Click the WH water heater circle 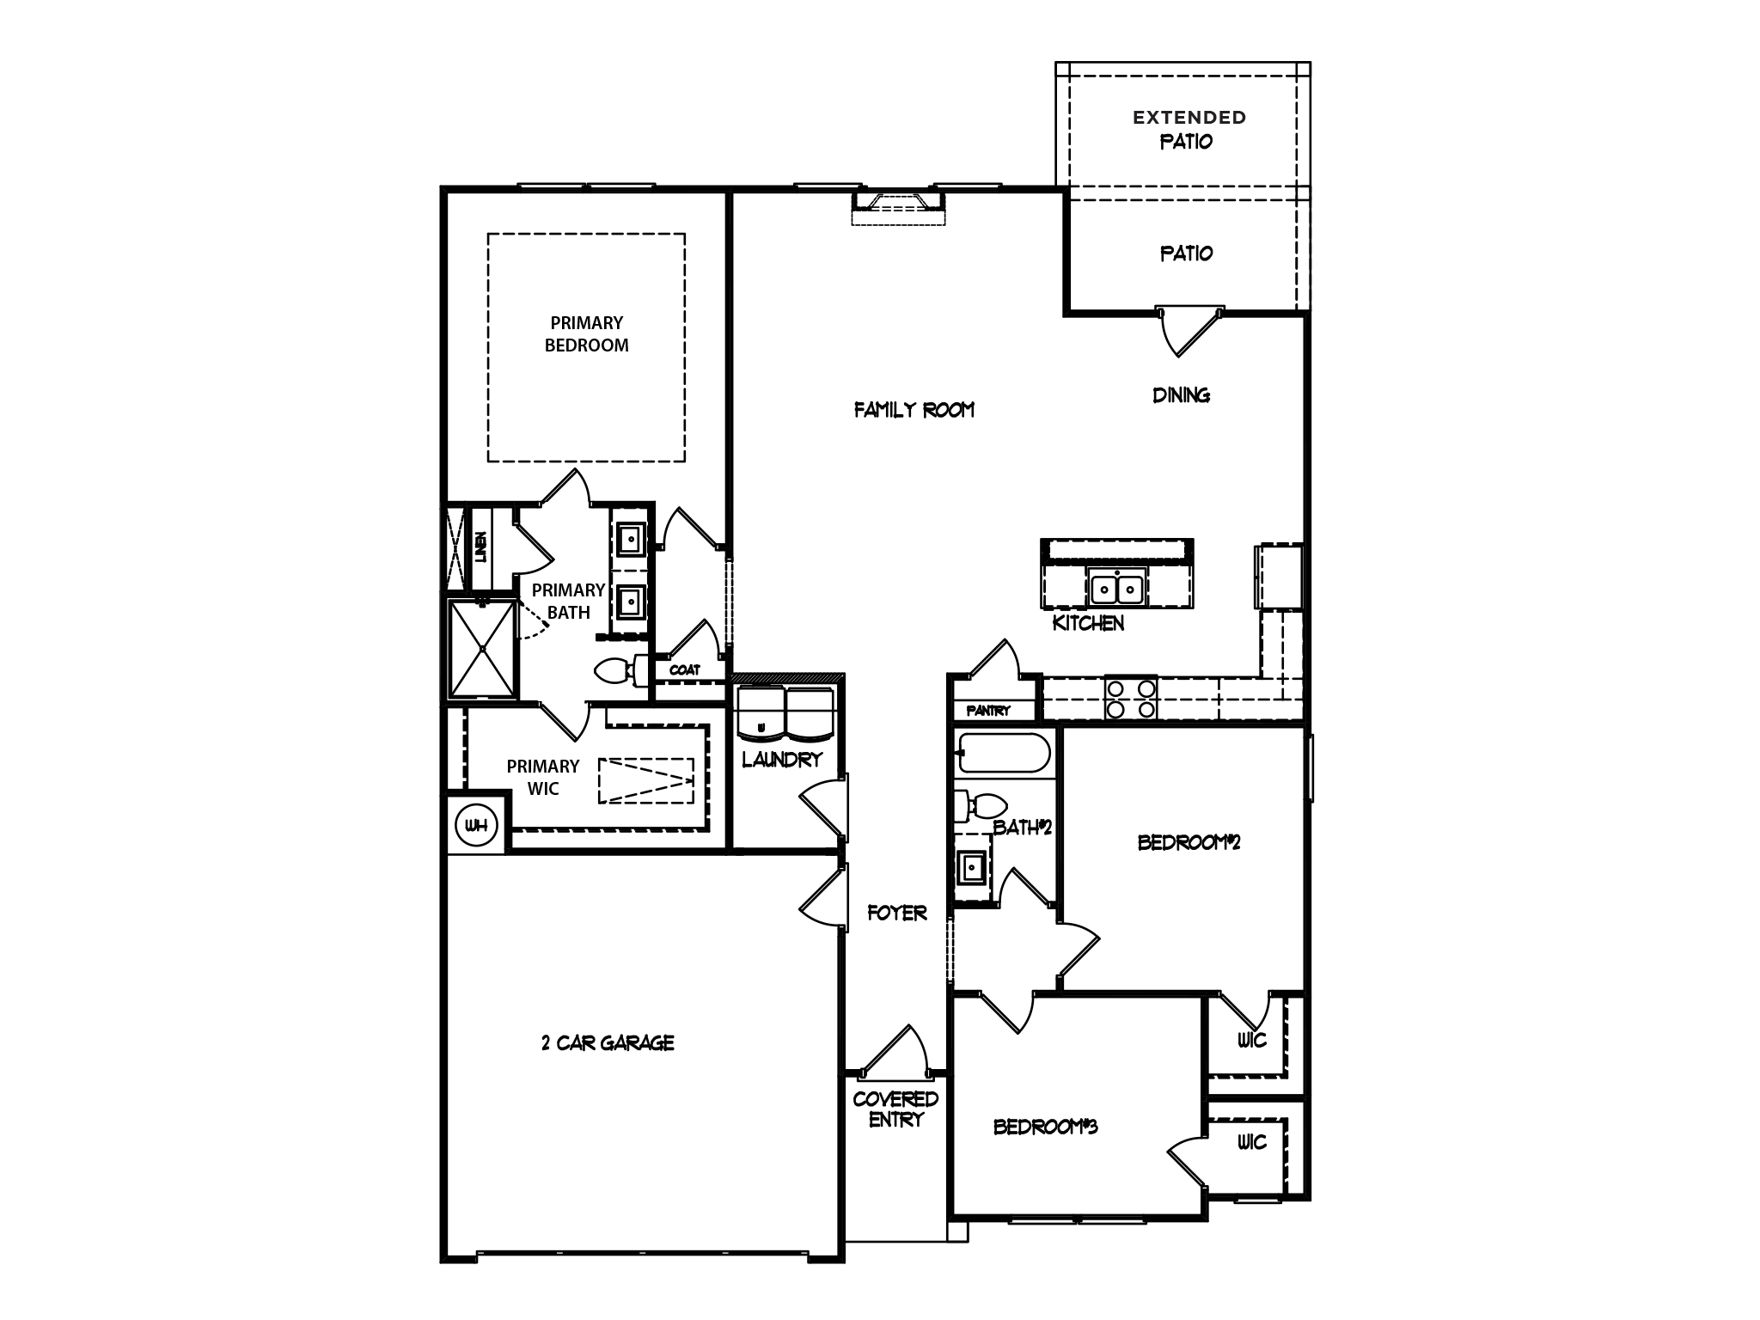point(476,826)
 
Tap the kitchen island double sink point(1116,589)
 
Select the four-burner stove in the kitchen point(1130,698)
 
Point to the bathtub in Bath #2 point(1003,754)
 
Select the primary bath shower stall point(482,648)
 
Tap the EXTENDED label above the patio point(1189,117)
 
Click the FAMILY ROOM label point(914,410)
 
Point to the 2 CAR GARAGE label point(608,1043)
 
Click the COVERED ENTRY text point(895,1109)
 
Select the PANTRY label point(987,711)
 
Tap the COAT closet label point(685,669)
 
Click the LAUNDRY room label point(782,760)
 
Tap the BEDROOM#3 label point(1045,1127)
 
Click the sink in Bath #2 point(972,868)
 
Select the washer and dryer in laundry point(785,713)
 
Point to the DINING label point(1181,395)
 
